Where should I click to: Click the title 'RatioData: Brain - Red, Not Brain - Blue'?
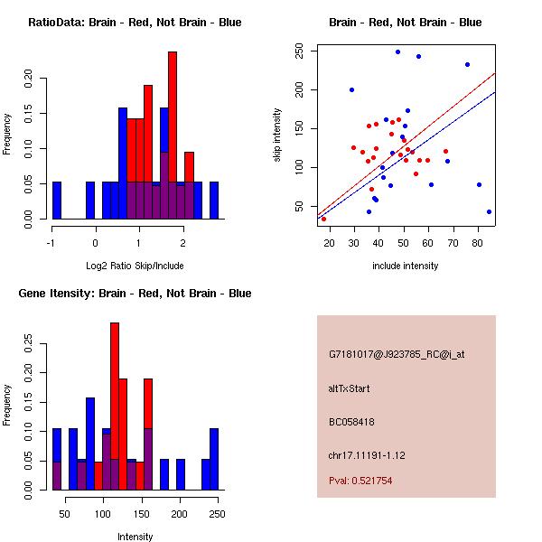click(135, 22)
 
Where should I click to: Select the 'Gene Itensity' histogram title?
click(135, 294)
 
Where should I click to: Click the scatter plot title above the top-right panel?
click(405, 22)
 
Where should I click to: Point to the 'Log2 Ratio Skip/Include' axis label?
click(135, 266)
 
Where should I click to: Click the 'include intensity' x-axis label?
click(405, 266)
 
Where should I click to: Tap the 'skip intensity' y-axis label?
click(278, 135)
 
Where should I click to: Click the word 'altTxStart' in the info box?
click(349, 388)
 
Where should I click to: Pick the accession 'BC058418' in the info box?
click(351, 422)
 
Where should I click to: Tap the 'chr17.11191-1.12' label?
click(366, 454)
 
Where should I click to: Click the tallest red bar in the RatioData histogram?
click(173, 135)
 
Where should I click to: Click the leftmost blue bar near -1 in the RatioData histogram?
click(57, 200)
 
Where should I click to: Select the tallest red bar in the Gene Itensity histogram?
click(115, 406)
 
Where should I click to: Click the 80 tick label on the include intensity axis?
click(479, 240)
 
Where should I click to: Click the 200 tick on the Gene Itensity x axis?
click(180, 514)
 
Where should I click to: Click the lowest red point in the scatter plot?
click(323, 219)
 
